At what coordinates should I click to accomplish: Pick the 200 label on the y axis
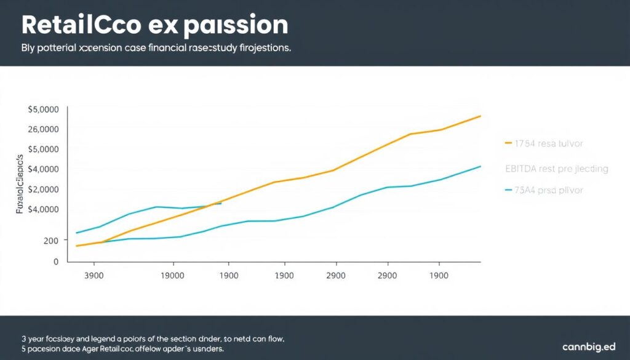[50, 241]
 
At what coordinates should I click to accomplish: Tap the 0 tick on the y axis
[56, 261]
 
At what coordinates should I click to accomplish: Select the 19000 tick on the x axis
[172, 276]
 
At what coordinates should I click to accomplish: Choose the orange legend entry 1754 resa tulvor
[549, 143]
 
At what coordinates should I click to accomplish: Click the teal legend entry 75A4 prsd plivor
[549, 190]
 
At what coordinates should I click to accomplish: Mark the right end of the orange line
[480, 116]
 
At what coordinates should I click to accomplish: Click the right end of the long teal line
[480, 166]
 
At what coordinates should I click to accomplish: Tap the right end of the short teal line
[221, 203]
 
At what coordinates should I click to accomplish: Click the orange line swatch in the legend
[508, 143]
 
